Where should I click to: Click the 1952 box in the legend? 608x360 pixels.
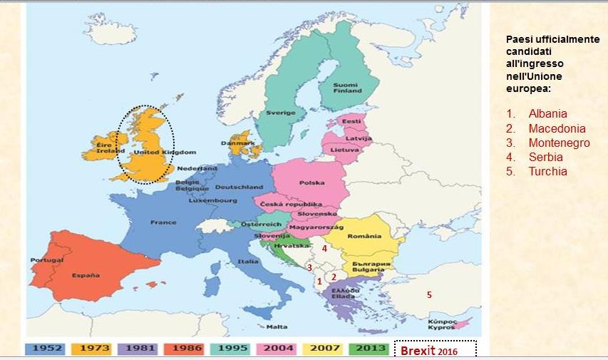48,349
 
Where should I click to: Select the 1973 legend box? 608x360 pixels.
94,349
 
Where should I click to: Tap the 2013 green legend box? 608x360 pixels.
370,349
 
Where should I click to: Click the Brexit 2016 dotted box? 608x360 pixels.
435,350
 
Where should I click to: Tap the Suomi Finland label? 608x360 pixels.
347,88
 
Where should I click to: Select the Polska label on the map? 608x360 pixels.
311,182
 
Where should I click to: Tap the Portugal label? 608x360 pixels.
42,260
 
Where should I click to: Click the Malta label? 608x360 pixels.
277,327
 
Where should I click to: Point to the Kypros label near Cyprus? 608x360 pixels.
442,326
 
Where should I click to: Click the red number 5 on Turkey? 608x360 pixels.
429,294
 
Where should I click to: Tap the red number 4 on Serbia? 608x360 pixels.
324,249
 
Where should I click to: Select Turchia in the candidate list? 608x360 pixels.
547,171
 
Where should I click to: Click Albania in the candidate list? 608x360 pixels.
547,114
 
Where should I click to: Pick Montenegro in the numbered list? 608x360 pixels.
559,143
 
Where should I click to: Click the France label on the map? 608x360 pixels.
163,222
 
